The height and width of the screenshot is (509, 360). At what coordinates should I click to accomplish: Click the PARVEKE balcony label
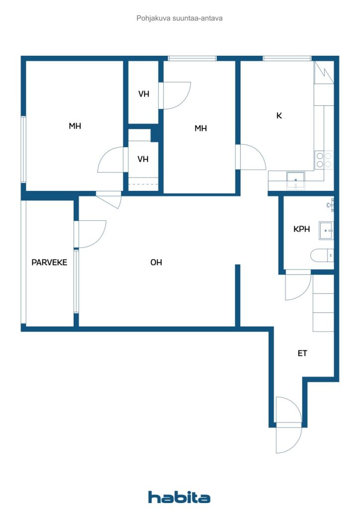(49, 262)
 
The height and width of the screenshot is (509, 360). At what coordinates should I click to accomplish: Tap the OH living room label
(156, 262)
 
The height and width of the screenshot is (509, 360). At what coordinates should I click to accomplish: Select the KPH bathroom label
(301, 229)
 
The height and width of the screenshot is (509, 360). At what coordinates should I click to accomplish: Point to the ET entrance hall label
(302, 353)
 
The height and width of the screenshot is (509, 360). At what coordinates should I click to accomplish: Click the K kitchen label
(279, 115)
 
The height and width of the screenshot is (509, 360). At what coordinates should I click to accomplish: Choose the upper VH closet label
(144, 93)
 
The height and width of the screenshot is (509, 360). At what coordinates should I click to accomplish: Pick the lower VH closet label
(143, 159)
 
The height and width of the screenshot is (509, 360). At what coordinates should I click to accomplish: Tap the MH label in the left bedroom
(75, 126)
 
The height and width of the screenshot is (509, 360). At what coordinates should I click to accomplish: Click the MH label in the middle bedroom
(200, 128)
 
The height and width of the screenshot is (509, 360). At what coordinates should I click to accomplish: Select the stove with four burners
(324, 160)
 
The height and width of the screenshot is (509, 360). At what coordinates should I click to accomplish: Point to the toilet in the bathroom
(322, 256)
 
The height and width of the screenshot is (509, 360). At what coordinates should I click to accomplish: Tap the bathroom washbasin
(327, 229)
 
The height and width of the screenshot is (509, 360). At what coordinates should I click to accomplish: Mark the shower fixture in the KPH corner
(331, 203)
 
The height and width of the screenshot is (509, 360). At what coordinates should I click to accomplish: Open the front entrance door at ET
(288, 425)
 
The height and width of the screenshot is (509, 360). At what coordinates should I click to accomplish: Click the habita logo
(179, 497)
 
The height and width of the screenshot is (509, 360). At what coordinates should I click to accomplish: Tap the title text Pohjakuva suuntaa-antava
(180, 18)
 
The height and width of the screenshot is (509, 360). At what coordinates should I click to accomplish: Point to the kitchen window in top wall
(287, 58)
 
